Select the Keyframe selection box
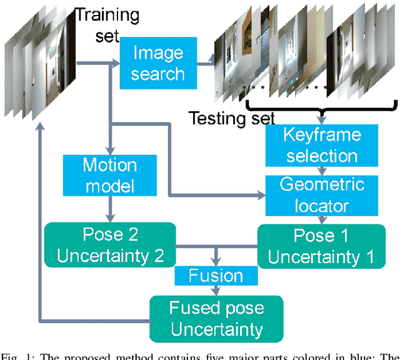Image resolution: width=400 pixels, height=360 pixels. click(x=321, y=145)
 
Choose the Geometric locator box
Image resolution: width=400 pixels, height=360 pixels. click(x=321, y=194)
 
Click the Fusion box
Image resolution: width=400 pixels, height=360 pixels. click(x=216, y=276)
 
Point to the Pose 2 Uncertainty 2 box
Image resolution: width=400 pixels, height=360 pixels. click(x=111, y=245)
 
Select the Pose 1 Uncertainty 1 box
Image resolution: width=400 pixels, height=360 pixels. click(x=322, y=246)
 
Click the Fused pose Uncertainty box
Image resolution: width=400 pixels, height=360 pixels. click(x=216, y=318)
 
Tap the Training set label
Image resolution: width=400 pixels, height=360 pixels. click(x=106, y=24)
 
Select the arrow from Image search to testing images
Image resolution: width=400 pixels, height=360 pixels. click(x=208, y=62)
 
